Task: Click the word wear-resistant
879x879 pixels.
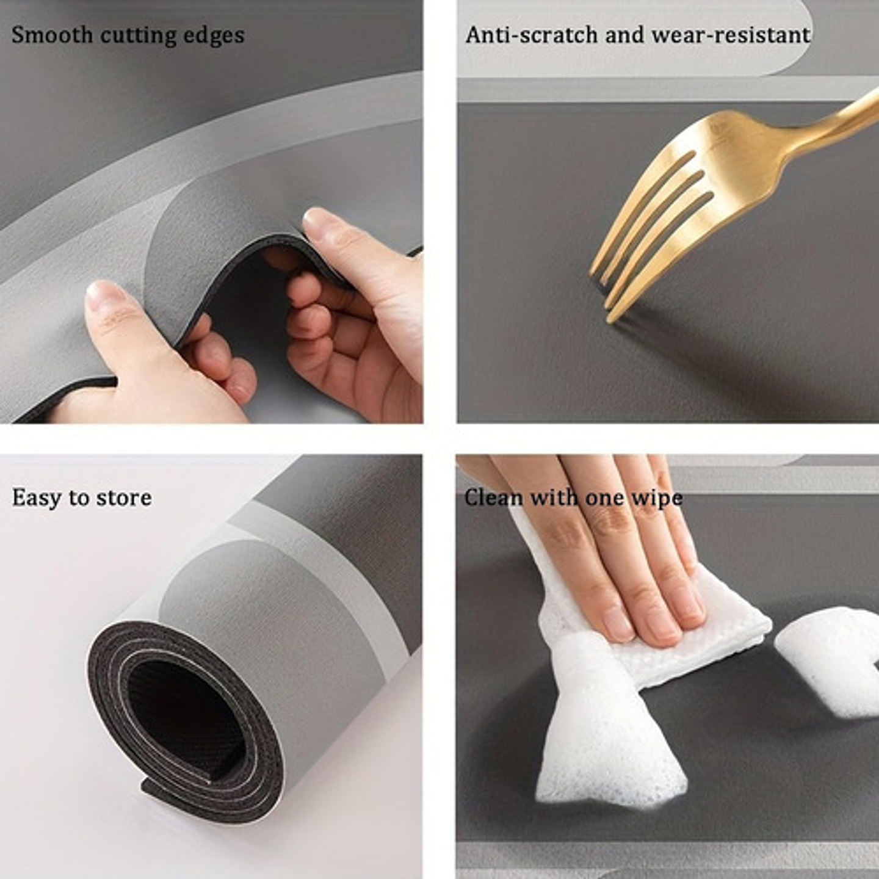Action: [731, 35]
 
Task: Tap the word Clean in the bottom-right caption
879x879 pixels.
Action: [494, 497]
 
